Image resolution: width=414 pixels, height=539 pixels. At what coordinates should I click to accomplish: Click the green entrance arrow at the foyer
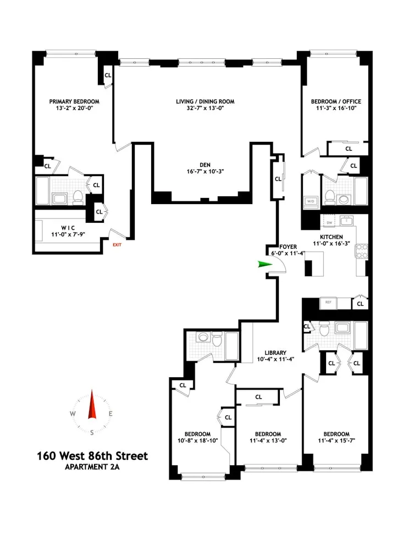(264, 265)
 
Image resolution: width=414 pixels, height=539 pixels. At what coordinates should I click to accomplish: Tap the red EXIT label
(117, 245)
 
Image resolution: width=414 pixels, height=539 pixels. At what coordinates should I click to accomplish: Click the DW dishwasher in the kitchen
(329, 223)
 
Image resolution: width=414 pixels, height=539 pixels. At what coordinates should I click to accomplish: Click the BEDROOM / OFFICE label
(336, 102)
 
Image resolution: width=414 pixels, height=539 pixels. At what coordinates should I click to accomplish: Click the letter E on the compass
(111, 414)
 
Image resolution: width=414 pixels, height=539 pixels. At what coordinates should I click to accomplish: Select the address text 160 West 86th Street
(92, 456)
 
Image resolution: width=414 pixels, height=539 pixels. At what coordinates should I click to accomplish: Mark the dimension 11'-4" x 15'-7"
(336, 441)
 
